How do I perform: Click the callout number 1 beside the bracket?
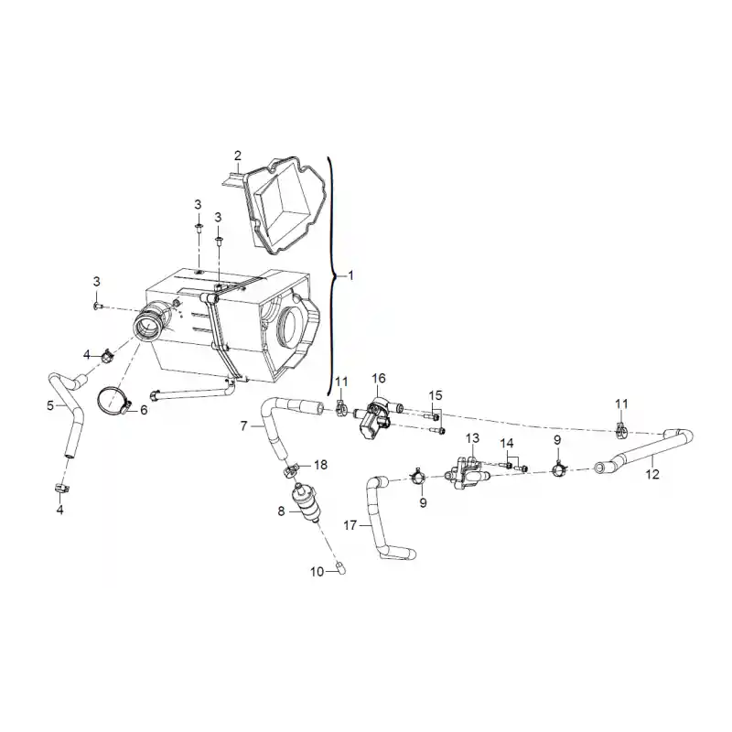(350, 276)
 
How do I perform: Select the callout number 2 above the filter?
(238, 156)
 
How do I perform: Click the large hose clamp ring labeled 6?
(113, 401)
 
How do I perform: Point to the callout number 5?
(50, 405)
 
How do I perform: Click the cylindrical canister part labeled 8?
(306, 504)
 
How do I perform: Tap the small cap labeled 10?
(341, 568)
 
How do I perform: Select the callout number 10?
(317, 571)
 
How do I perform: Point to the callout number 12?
(652, 474)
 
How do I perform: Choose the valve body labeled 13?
(468, 473)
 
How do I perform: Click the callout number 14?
(507, 444)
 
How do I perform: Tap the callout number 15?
(436, 395)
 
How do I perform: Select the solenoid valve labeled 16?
(375, 416)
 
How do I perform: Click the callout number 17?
(350, 525)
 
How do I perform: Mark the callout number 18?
(321, 465)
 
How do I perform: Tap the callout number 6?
(144, 410)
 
